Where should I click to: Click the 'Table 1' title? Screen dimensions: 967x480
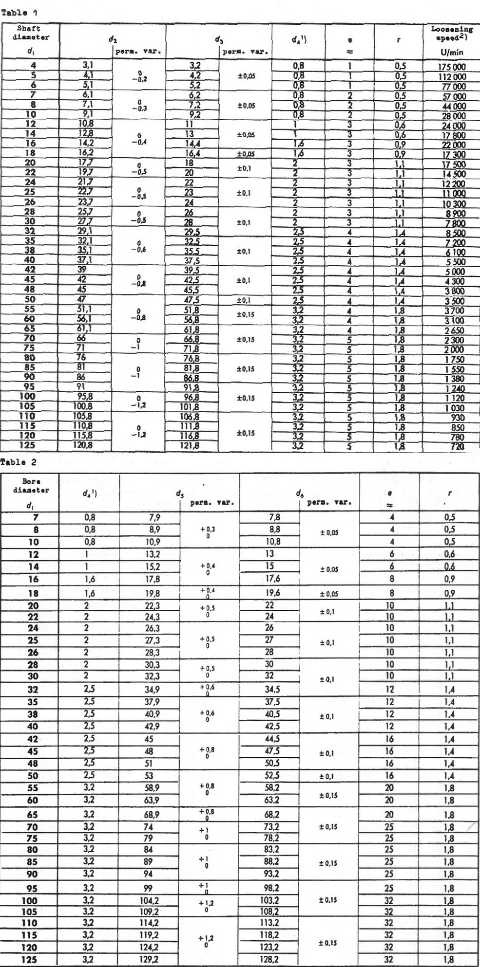click(19, 13)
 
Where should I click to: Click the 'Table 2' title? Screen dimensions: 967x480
click(19, 462)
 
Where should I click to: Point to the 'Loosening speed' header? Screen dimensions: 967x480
click(452, 33)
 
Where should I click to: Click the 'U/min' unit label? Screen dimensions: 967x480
click(452, 52)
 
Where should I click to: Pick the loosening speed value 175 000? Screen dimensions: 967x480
click(452, 67)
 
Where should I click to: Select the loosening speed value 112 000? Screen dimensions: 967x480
click(452, 76)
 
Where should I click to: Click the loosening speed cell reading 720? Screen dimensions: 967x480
click(457, 446)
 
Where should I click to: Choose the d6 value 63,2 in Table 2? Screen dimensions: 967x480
click(271, 800)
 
